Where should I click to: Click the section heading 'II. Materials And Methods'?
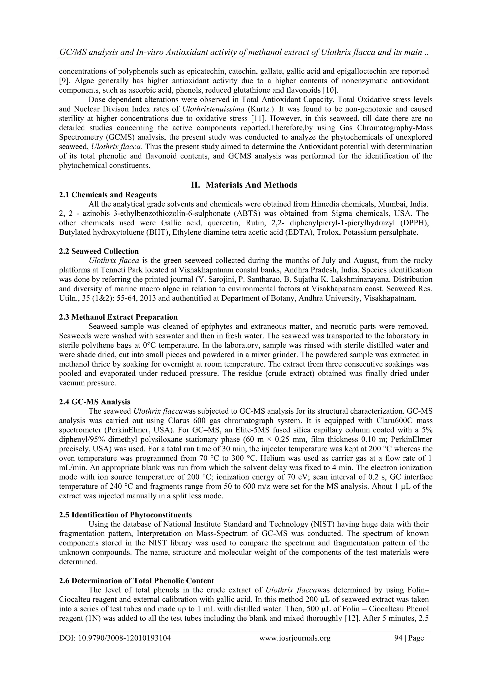coord(244,185)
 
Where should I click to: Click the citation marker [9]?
coord(64,81)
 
